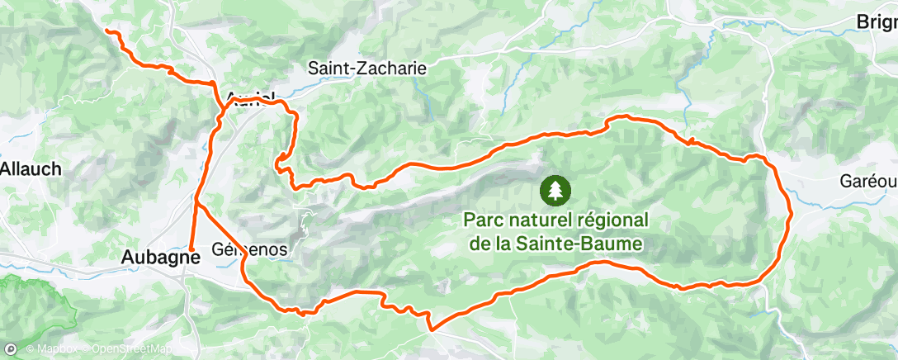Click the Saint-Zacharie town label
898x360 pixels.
click(x=367, y=69)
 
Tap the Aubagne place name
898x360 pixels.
click(x=161, y=257)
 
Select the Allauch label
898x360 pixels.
click(x=31, y=169)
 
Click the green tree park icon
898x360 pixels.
click(x=554, y=190)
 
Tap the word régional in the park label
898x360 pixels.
click(x=611, y=220)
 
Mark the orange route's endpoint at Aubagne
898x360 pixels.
click(x=191, y=248)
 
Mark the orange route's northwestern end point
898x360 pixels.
click(x=108, y=31)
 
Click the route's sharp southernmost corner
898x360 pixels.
click(x=430, y=329)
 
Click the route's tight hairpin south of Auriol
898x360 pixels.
click(x=280, y=158)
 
